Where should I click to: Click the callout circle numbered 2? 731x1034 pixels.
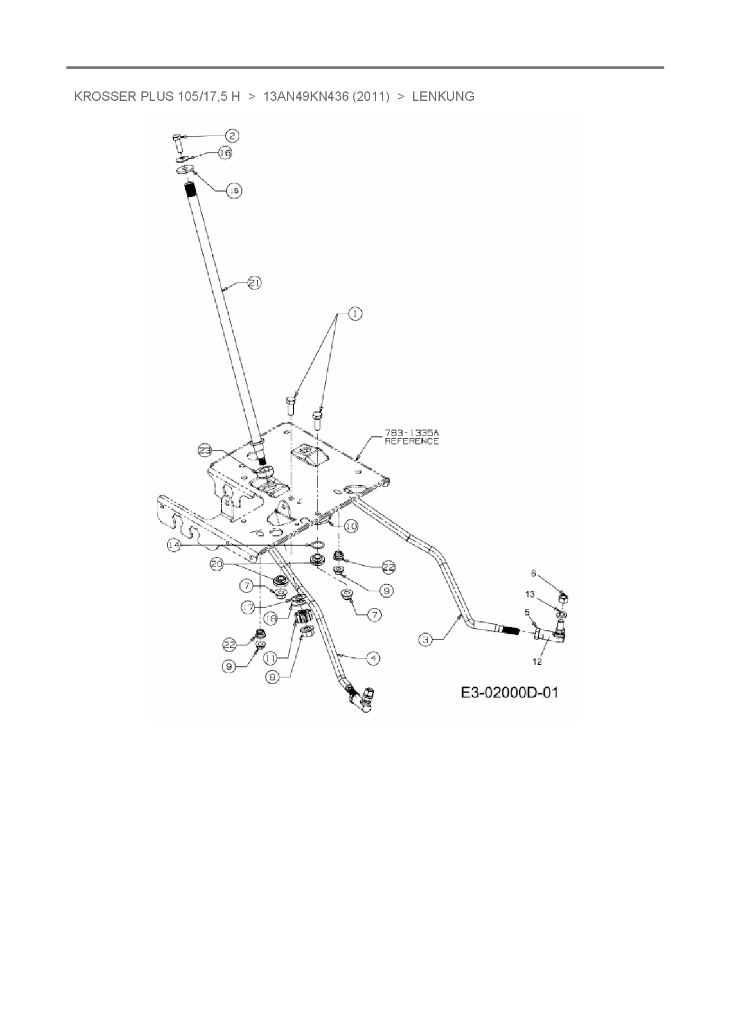pyautogui.click(x=232, y=136)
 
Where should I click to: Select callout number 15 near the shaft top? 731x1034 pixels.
pyautogui.click(x=234, y=190)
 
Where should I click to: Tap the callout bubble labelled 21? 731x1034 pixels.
pyautogui.click(x=254, y=283)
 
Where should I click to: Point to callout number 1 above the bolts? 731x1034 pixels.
pyautogui.click(x=355, y=314)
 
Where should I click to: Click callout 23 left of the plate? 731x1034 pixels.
pyautogui.click(x=205, y=451)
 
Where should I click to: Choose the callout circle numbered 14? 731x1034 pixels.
pyautogui.click(x=173, y=546)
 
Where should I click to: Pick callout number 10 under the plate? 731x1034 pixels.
pyautogui.click(x=351, y=526)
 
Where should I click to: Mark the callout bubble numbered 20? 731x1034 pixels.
pyautogui.click(x=217, y=564)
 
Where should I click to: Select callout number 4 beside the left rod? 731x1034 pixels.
pyautogui.click(x=373, y=658)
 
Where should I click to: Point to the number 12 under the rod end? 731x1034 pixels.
pyautogui.click(x=538, y=661)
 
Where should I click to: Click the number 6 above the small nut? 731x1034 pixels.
pyautogui.click(x=534, y=573)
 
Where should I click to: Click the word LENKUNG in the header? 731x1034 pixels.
pyautogui.click(x=443, y=97)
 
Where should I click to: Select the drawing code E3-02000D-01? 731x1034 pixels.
pyautogui.click(x=509, y=692)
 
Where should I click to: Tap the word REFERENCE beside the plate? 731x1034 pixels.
pyautogui.click(x=411, y=441)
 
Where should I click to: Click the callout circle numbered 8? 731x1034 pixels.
pyautogui.click(x=272, y=678)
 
